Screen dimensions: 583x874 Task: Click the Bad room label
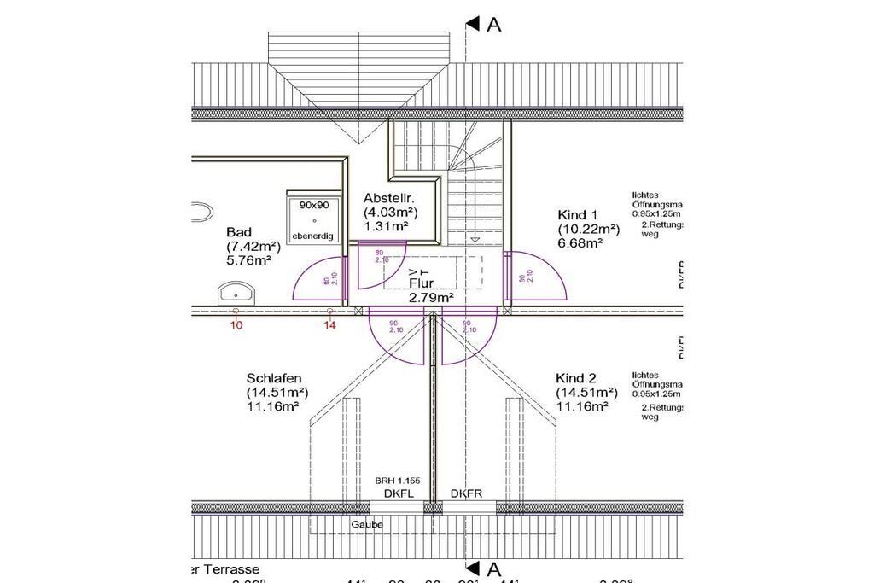pyautogui.click(x=238, y=232)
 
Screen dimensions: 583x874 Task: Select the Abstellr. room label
pyautogui.click(x=388, y=197)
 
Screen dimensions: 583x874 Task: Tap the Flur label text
pyautogui.click(x=420, y=283)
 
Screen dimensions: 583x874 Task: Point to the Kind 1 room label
pyautogui.click(x=578, y=215)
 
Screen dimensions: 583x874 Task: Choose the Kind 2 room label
pyautogui.click(x=576, y=378)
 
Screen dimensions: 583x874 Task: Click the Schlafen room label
pyautogui.click(x=274, y=378)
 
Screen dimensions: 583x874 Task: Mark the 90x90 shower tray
pyautogui.click(x=314, y=220)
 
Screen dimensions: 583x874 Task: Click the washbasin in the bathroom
pyautogui.click(x=236, y=294)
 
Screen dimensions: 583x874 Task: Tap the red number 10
pyautogui.click(x=236, y=325)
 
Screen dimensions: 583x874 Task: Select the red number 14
pyautogui.click(x=330, y=325)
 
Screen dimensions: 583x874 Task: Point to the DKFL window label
pyautogui.click(x=398, y=493)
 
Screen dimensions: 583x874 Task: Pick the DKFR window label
pyautogui.click(x=466, y=493)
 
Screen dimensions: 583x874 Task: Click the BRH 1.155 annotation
pyautogui.click(x=398, y=481)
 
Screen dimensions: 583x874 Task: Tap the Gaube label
pyautogui.click(x=367, y=524)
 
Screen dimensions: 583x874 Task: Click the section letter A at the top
pyautogui.click(x=493, y=25)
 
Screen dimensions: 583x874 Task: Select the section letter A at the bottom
pyautogui.click(x=493, y=568)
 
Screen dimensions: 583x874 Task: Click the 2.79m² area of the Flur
pyautogui.click(x=430, y=297)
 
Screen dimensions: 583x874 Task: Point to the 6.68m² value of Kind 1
pyautogui.click(x=581, y=243)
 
